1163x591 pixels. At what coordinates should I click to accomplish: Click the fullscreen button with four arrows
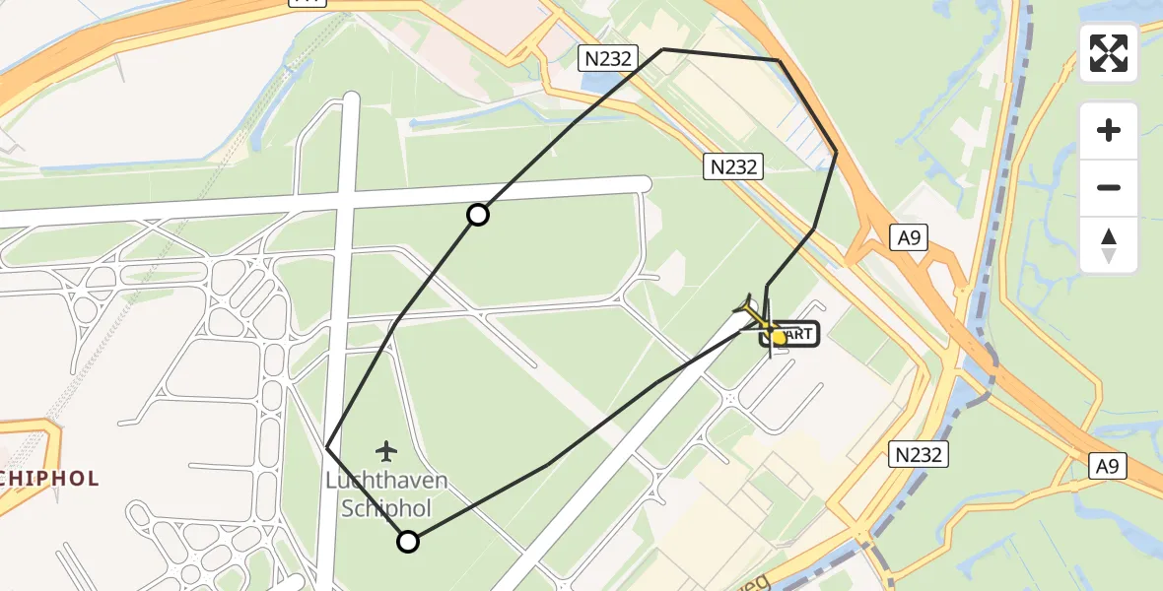(x=1109, y=53)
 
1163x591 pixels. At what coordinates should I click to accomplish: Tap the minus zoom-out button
(x=1109, y=188)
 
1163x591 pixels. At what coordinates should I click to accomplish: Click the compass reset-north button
(x=1109, y=245)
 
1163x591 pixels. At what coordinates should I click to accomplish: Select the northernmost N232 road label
(x=607, y=58)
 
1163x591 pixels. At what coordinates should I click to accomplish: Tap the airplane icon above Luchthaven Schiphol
(x=385, y=452)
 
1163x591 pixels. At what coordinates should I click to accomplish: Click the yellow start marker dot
(x=779, y=337)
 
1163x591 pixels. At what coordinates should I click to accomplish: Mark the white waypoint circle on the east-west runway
(x=478, y=215)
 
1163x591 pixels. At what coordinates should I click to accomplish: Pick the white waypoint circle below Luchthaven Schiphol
(x=408, y=541)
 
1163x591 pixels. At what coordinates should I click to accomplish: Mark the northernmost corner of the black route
(x=663, y=49)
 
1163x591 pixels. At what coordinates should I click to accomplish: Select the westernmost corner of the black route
(x=327, y=447)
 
